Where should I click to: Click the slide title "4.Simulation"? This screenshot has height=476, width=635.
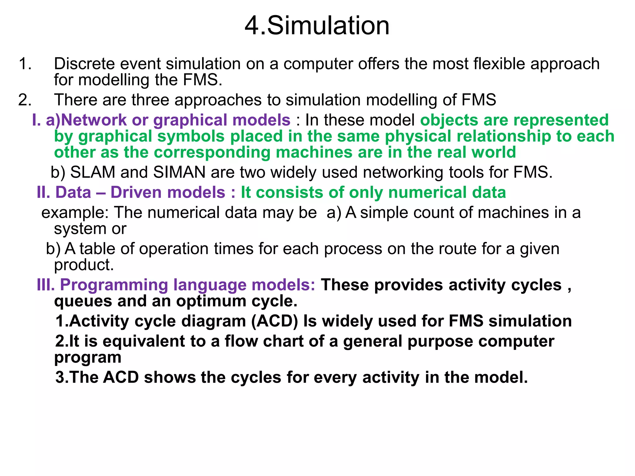click(317, 26)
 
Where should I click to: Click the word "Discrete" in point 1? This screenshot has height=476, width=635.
click(84, 64)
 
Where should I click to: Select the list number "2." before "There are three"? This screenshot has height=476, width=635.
click(25, 100)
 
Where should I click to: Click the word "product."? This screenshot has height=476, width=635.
click(84, 265)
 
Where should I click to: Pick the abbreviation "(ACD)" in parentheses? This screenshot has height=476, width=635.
click(274, 321)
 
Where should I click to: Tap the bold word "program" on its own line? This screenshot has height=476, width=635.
click(88, 358)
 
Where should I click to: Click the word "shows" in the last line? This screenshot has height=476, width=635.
click(170, 377)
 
